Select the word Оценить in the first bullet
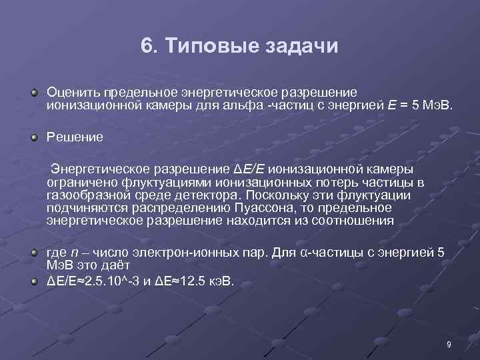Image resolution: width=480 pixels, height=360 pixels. [70, 91]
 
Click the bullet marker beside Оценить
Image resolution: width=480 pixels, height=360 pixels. [33, 91]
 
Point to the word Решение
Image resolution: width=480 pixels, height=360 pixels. [75, 137]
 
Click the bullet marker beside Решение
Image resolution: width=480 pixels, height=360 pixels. [33, 138]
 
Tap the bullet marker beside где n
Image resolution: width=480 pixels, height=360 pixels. [33, 254]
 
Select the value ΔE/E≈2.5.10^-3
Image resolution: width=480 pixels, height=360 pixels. [94, 280]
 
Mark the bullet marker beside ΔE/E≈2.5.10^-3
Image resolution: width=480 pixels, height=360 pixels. [33, 280]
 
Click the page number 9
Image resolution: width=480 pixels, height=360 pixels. [449, 344]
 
